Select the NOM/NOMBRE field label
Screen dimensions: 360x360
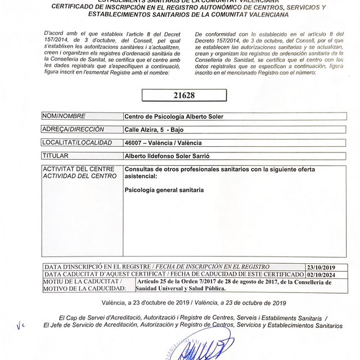click(x=64, y=116)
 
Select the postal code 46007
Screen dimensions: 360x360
click(x=133, y=143)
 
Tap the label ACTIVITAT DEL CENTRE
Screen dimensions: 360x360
click(x=79, y=169)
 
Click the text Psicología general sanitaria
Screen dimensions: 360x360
click(x=164, y=190)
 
